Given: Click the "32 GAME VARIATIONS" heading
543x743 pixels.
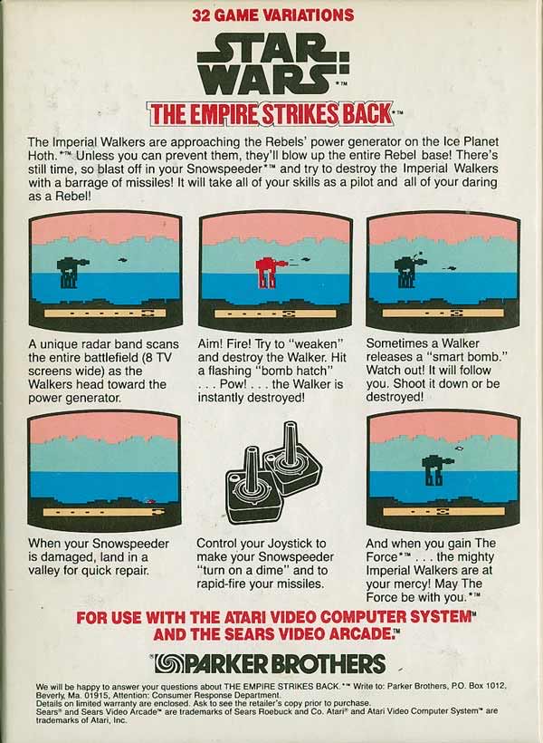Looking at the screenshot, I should [x=271, y=14].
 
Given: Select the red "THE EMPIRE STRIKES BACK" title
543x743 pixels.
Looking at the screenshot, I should [x=271, y=114].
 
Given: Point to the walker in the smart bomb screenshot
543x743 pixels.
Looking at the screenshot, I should [x=405, y=269].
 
